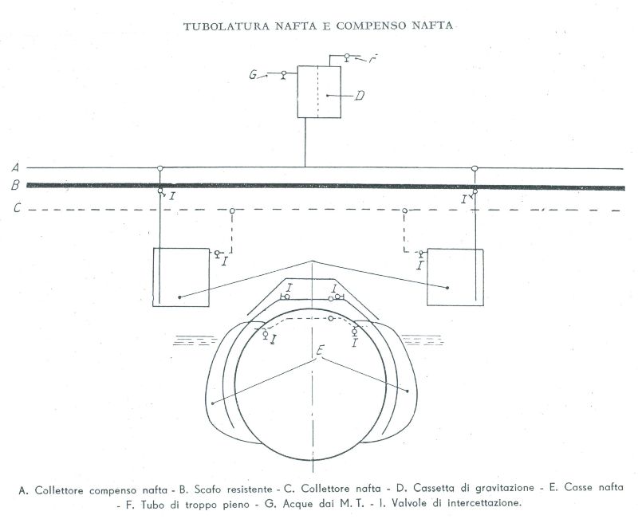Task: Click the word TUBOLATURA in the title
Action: tap(226, 26)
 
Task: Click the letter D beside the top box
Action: tap(360, 96)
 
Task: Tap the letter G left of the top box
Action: tap(253, 75)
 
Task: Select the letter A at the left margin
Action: tap(16, 167)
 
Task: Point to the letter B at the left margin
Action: tap(15, 186)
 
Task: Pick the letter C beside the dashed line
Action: tap(17, 208)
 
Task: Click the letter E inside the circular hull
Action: tap(321, 350)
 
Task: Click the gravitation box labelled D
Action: tap(319, 92)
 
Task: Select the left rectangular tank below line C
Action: tap(181, 277)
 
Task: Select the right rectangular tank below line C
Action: tap(455, 277)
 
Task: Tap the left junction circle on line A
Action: tap(160, 168)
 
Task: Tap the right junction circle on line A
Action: tap(475, 168)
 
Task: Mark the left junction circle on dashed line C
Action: tap(232, 210)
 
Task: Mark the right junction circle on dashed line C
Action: tap(404, 210)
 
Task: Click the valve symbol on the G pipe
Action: tap(284, 74)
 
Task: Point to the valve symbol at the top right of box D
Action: tap(347, 57)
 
